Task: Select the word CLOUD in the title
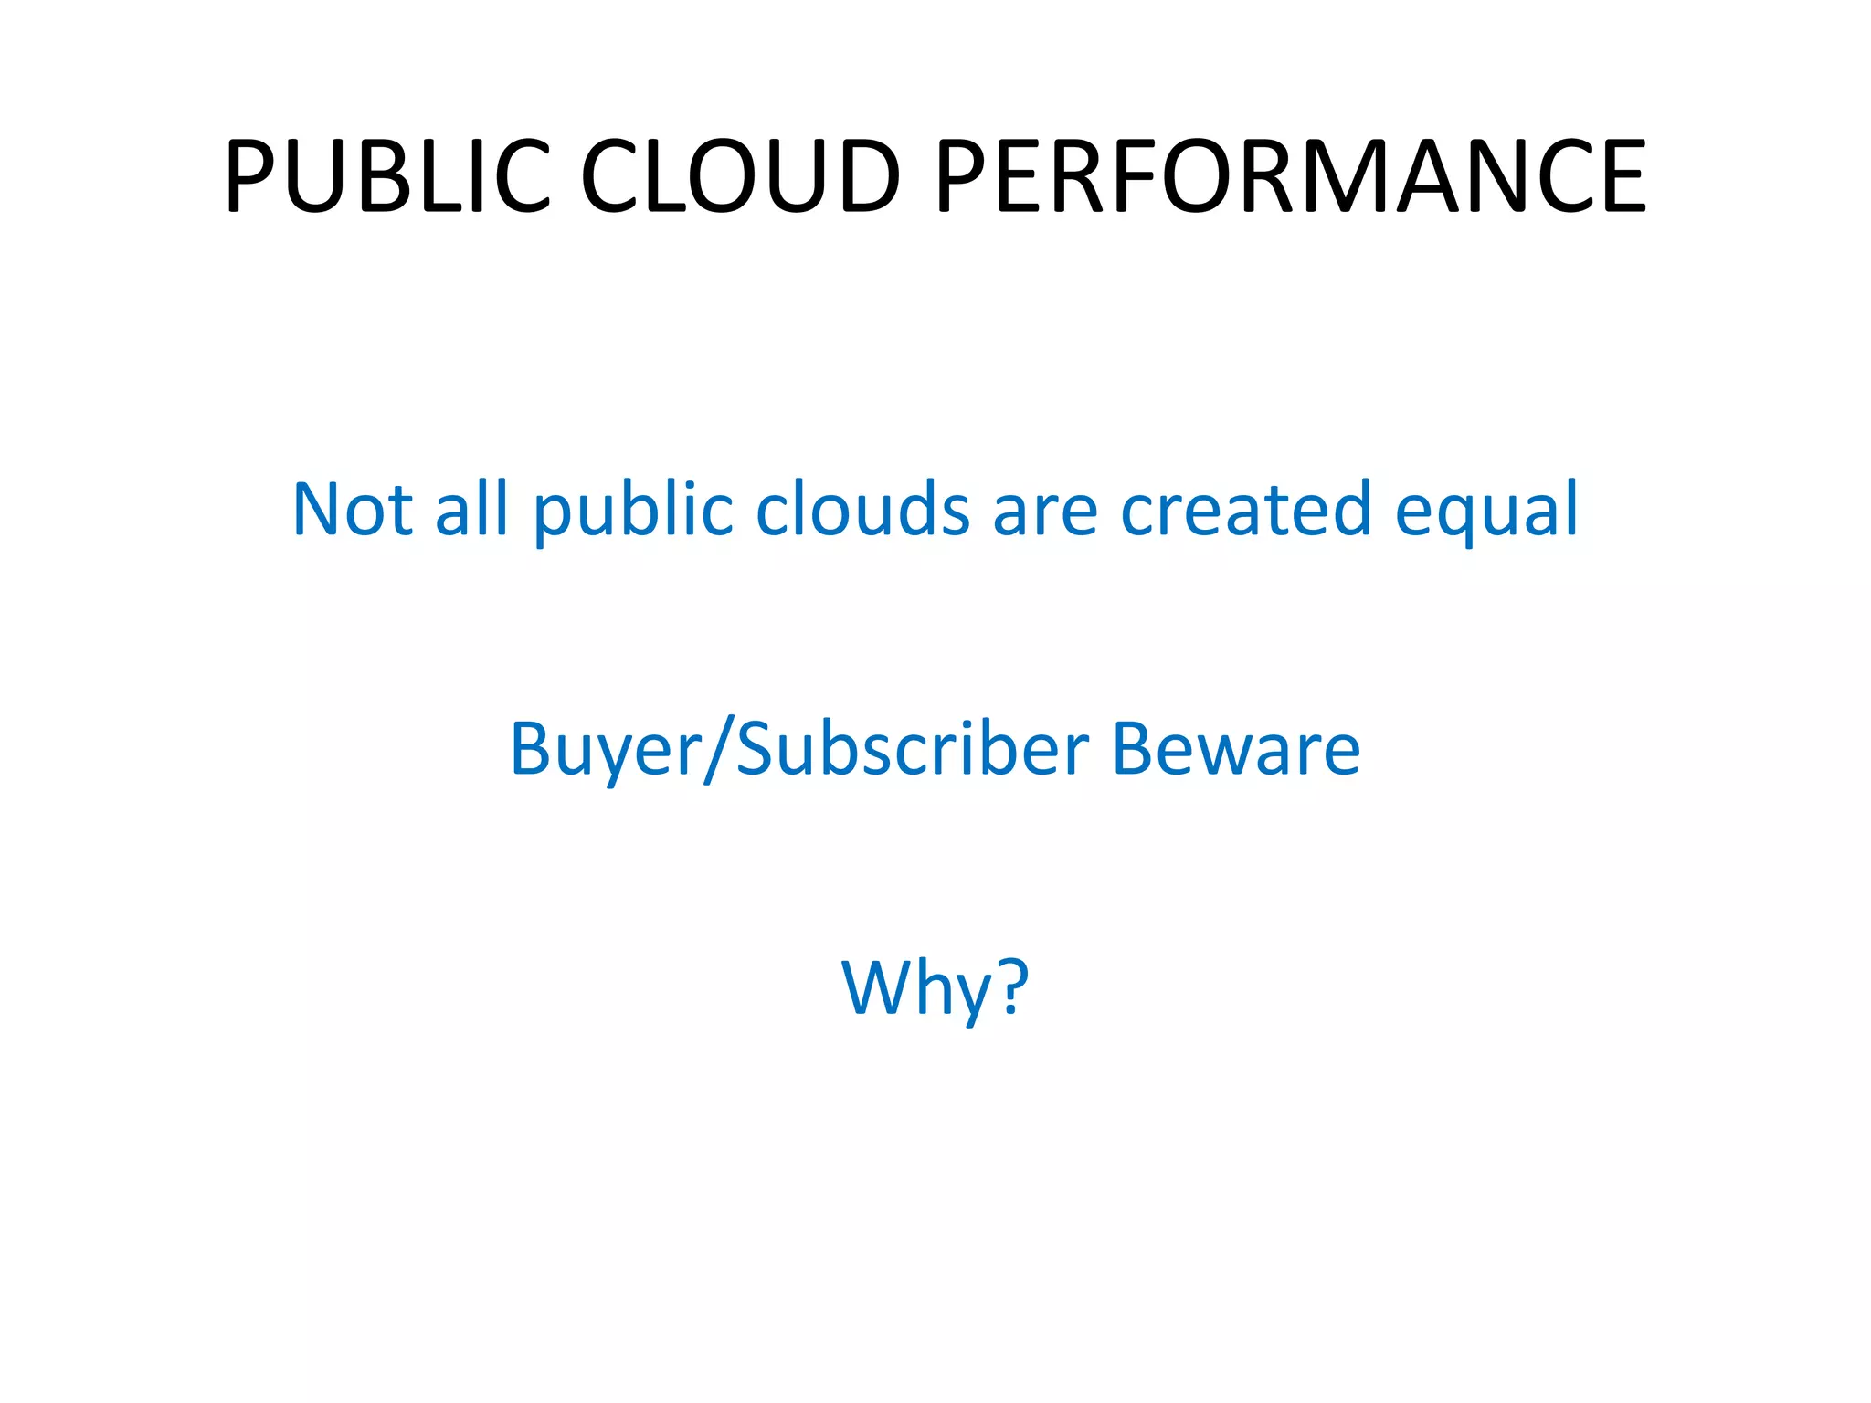pos(741,175)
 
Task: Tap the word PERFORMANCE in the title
pos(1291,175)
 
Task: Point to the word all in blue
pos(471,508)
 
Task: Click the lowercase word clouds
pos(862,508)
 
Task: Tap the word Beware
pos(1236,749)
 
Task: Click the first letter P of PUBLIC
pos(249,175)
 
